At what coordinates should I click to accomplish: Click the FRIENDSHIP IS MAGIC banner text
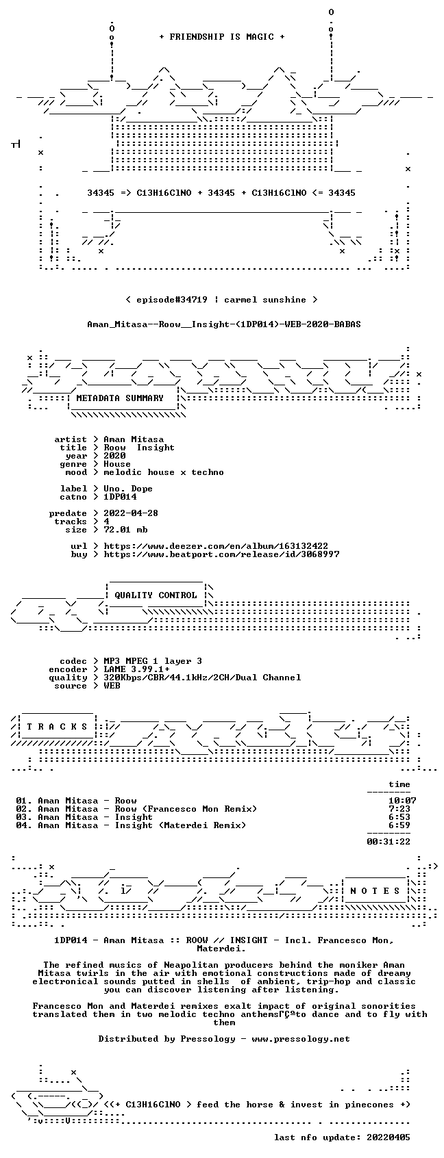click(221, 37)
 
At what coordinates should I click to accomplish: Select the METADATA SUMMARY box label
click(119, 398)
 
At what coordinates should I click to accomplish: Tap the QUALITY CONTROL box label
click(156, 595)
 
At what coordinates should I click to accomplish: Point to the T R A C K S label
click(57, 726)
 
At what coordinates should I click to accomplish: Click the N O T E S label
click(375, 890)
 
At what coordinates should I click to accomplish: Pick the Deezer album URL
click(216, 546)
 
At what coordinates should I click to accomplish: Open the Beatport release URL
click(221, 554)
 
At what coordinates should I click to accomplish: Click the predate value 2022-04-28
click(131, 513)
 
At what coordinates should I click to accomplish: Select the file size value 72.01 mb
click(125, 530)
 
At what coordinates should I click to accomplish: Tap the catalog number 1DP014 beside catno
click(120, 497)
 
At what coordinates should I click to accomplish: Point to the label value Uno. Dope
click(128, 489)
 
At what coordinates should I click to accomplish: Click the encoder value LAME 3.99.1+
click(136, 669)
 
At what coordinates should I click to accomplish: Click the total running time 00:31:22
click(388, 842)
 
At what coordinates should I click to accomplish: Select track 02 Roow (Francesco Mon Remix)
click(136, 809)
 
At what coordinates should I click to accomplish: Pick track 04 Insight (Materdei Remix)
click(131, 825)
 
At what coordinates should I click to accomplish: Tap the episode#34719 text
click(172, 300)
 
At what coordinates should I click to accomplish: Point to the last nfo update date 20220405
click(388, 1137)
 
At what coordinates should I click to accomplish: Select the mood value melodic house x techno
click(164, 472)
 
